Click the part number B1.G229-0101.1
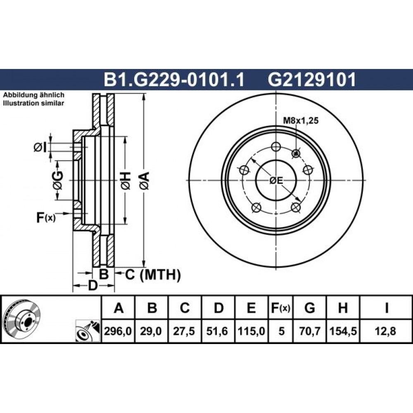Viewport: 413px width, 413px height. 174,80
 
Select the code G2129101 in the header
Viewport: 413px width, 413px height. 311,80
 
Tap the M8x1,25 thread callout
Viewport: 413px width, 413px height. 301,121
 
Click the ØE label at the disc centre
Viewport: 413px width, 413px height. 276,180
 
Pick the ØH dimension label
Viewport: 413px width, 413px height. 126,181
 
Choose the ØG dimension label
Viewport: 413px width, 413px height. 58,180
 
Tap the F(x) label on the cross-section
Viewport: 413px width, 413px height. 46,218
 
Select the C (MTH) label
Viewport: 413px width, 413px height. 153,275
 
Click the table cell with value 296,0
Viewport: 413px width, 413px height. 118,331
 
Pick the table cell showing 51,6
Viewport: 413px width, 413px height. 217,331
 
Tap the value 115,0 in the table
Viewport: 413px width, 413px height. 251,331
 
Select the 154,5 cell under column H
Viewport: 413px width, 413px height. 343,331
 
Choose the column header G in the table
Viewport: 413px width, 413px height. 310,308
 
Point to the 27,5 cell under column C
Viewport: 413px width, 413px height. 184,331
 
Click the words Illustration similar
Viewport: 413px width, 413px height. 33,103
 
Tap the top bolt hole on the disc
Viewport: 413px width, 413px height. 276,147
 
